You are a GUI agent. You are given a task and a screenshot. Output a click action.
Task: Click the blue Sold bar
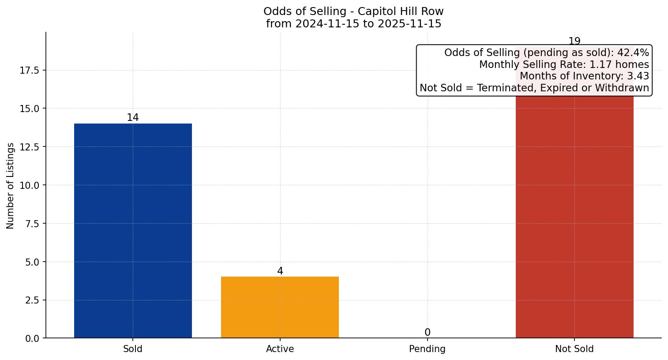pos(133,231)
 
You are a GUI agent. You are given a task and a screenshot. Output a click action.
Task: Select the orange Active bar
pos(280,307)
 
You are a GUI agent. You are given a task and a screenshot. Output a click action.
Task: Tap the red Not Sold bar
pos(574,216)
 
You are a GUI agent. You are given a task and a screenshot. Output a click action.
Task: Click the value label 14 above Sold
pos(133,117)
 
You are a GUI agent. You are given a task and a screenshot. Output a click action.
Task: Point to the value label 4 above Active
pos(280,271)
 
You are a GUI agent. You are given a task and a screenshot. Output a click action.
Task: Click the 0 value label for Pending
pos(427,332)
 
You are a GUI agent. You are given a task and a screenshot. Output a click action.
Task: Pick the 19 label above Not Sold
pos(574,41)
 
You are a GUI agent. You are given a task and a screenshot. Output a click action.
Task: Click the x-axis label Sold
pos(133,349)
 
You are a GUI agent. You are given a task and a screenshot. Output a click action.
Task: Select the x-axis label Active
pos(280,349)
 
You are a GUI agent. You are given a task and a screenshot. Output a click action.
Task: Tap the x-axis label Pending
pos(427,349)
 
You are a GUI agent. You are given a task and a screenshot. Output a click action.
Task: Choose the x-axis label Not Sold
pos(574,349)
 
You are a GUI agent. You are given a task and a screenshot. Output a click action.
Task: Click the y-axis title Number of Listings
pos(11,185)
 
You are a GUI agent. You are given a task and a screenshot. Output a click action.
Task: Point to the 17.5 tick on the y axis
pos(30,70)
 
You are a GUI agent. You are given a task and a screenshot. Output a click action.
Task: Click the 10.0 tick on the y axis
pos(30,185)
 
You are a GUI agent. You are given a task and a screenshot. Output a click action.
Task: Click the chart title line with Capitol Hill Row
pos(353,11)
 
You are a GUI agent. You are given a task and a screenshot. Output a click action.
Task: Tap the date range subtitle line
pos(353,24)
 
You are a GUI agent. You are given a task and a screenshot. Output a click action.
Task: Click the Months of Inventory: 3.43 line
pos(584,76)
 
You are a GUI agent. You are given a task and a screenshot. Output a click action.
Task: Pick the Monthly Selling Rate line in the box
pos(564,64)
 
